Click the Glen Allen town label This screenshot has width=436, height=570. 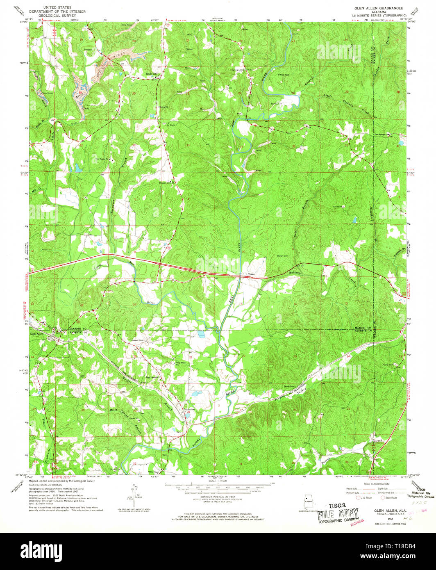[36, 334]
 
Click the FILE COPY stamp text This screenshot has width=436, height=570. [338, 513]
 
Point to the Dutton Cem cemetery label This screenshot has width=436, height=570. [283, 256]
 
